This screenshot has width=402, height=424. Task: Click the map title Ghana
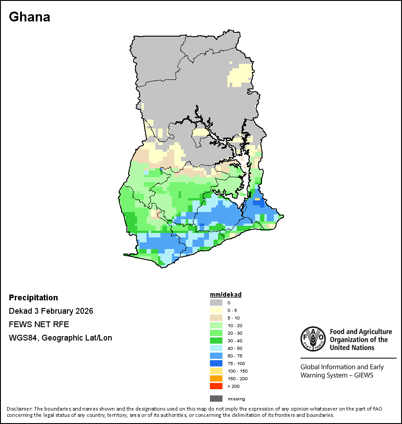click(29, 17)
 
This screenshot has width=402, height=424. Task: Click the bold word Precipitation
click(33, 298)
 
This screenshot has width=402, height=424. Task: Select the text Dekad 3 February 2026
click(51, 311)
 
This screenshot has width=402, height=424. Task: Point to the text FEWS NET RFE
click(39, 324)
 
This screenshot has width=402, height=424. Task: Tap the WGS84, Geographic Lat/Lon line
click(60, 338)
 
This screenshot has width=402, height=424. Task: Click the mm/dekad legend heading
click(226, 295)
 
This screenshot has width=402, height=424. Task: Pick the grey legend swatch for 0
click(216, 303)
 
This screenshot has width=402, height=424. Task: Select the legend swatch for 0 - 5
click(216, 310)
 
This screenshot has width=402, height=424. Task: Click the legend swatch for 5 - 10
click(216, 318)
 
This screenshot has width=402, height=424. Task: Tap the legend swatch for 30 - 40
click(216, 341)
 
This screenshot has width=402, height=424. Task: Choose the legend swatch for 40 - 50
click(216, 348)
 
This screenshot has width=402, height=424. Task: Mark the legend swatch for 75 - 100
click(216, 363)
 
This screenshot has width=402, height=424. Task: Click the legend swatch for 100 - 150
click(216, 371)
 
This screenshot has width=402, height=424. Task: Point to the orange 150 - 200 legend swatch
click(216, 378)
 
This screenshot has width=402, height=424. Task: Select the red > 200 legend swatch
click(216, 386)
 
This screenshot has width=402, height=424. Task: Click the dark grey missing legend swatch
click(216, 399)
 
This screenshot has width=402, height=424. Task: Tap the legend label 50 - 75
click(235, 356)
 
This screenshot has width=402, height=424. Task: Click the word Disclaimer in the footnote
click(18, 409)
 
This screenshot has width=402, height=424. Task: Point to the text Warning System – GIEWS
click(337, 375)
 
